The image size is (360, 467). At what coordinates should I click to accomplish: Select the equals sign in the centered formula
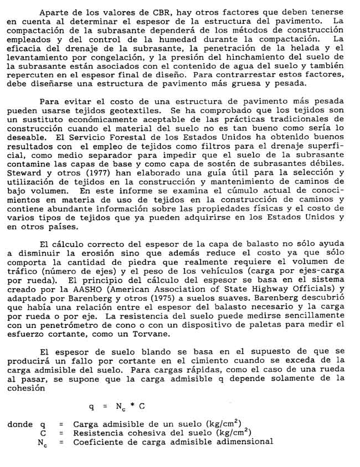104,406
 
